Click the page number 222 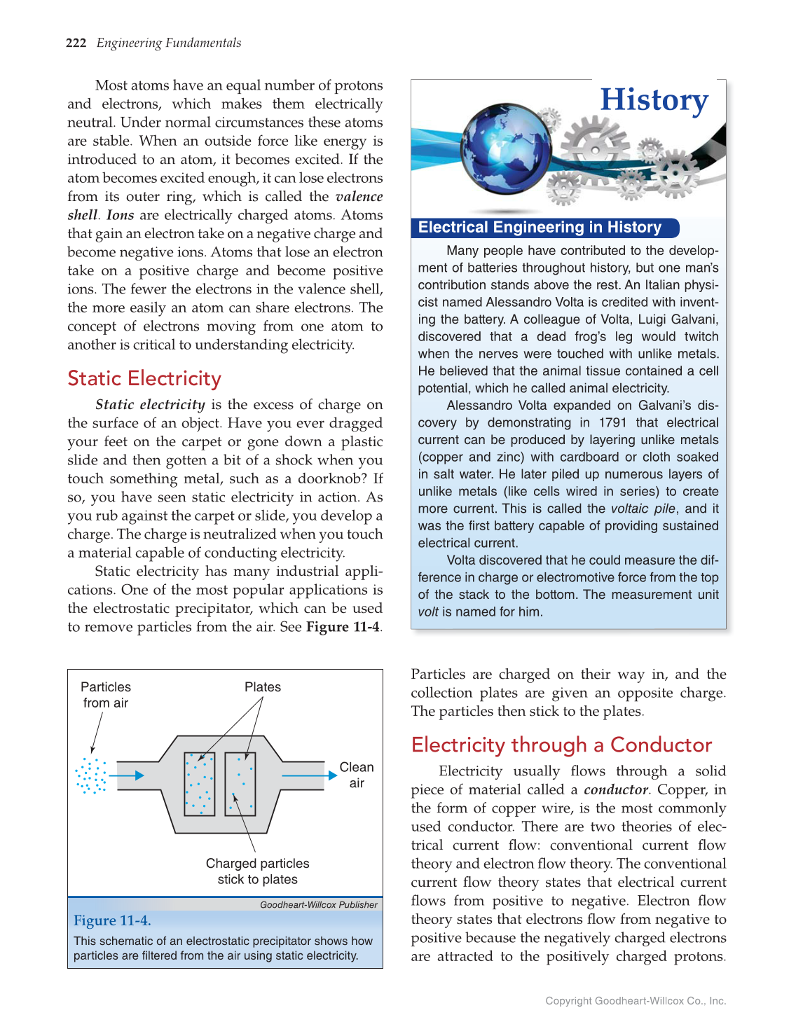[76, 43]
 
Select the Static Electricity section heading [144, 378]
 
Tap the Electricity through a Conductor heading [561, 745]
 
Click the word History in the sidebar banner [654, 100]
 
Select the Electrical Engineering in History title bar [540, 228]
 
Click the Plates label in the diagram [263, 687]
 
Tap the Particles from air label [106, 695]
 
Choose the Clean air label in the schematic [357, 775]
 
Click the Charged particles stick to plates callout [257, 871]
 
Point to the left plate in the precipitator [199, 784]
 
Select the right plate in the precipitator [240, 784]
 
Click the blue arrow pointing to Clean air [309, 775]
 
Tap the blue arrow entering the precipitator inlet [127, 775]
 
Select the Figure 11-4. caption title [112, 920]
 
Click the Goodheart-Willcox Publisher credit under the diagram [318, 905]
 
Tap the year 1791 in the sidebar [613, 422]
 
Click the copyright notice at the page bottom [636, 1001]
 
